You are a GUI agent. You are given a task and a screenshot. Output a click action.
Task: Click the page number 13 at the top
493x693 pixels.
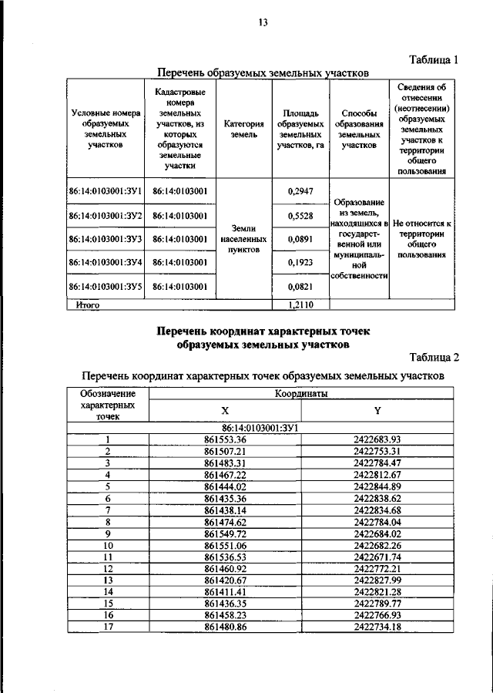coord(262,22)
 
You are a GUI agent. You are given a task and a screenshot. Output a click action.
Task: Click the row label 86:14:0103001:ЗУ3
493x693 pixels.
coord(105,240)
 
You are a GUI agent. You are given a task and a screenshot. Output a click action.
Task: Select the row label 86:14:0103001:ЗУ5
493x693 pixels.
coord(105,286)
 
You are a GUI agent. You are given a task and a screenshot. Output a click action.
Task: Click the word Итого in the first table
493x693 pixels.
coord(89,305)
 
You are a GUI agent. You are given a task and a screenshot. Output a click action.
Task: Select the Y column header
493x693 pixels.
coord(377,410)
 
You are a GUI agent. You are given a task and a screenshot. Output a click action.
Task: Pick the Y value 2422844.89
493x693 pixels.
coord(377,487)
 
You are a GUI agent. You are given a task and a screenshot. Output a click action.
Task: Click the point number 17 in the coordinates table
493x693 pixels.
coord(109,628)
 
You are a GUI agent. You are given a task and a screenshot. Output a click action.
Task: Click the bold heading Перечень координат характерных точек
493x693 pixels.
coord(263,330)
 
